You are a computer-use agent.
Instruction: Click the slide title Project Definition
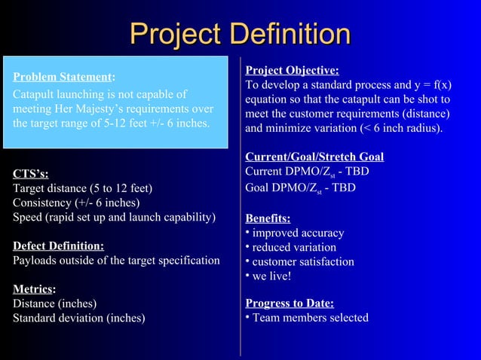coord(240,33)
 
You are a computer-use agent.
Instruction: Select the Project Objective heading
coord(292,71)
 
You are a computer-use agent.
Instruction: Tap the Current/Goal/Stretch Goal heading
coord(314,157)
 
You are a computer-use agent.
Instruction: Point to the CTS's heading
coord(31,174)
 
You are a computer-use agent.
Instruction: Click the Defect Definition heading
coord(59,246)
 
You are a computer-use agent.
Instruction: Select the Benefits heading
coord(268,218)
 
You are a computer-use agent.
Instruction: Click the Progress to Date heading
coord(290,303)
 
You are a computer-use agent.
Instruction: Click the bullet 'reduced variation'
coord(294,247)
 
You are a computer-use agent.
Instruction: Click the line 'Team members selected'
coord(310,317)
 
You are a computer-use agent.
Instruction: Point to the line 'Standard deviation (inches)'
coord(79,317)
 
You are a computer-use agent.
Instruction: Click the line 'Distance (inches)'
coord(54,304)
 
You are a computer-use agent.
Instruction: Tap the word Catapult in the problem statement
coord(35,95)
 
